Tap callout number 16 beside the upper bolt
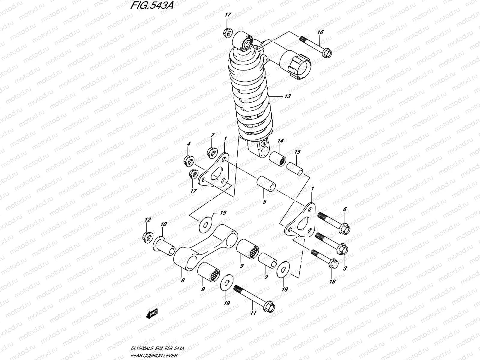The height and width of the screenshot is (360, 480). click(x=320, y=32)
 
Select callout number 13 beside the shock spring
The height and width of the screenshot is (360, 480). click(x=287, y=96)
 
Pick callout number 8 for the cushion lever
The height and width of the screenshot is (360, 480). click(x=183, y=280)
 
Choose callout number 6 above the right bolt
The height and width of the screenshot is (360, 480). click(x=345, y=209)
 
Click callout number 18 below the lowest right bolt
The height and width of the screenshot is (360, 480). click(x=332, y=281)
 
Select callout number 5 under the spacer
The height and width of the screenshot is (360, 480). click(x=264, y=202)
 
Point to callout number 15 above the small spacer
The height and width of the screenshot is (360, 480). click(x=297, y=152)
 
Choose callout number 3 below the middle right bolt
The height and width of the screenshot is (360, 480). click(x=345, y=268)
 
